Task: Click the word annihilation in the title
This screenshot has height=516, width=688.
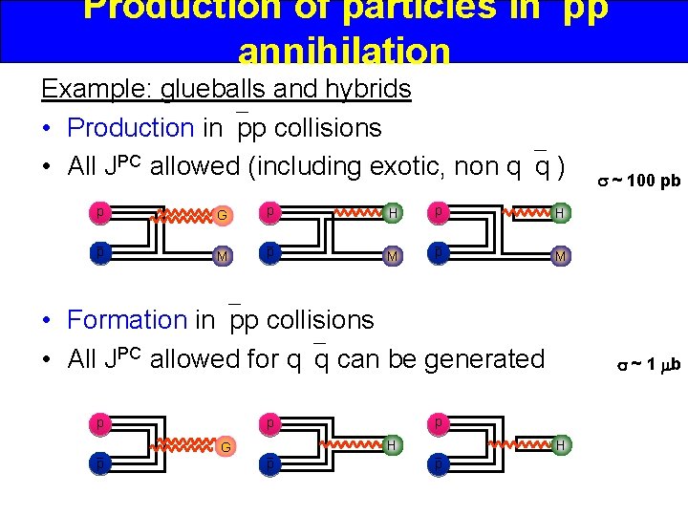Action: (343, 50)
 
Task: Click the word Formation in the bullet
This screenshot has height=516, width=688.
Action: (127, 319)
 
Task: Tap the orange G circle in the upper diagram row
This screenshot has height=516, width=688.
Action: (222, 215)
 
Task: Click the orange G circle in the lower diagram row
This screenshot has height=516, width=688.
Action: (226, 446)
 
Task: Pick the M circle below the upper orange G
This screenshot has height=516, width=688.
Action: (222, 255)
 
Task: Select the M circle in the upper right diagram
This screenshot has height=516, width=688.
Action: (562, 256)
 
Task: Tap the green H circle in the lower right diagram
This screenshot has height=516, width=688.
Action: (562, 444)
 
